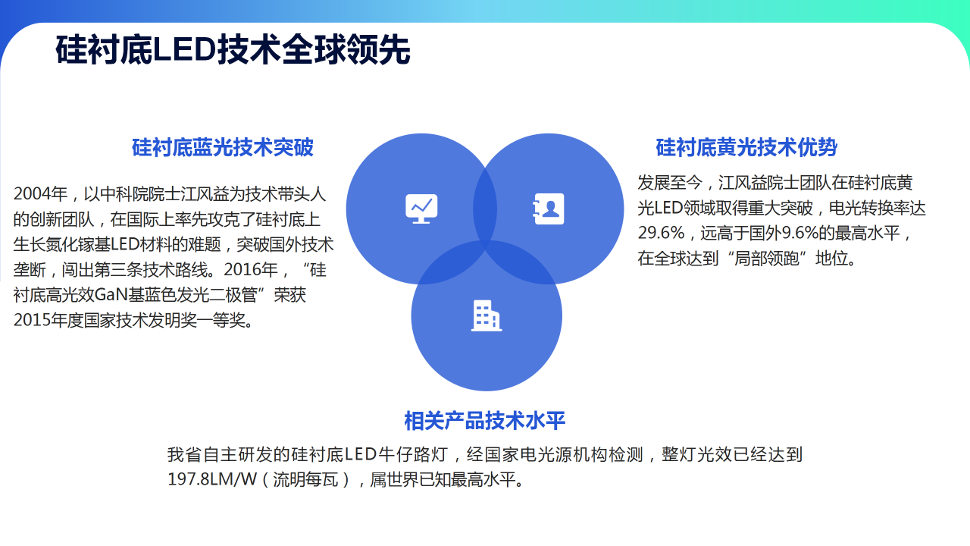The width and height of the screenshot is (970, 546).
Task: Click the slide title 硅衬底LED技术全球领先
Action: click(233, 50)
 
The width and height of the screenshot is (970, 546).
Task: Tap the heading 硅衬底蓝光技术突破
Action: click(223, 147)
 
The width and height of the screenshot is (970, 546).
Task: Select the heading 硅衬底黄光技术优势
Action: click(746, 147)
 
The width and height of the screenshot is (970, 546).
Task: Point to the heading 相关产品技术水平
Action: click(484, 421)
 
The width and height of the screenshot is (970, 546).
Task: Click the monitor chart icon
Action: click(421, 209)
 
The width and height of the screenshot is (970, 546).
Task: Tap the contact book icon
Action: click(548, 209)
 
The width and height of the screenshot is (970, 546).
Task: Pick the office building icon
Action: click(487, 316)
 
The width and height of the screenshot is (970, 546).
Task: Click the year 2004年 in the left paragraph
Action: click(40, 193)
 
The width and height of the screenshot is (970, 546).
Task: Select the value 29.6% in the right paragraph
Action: click(661, 233)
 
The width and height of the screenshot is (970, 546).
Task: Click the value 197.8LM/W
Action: click(212, 479)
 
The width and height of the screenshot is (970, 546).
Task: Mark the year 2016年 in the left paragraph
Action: click(251, 270)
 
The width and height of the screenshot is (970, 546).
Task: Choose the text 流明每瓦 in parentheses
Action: click(305, 480)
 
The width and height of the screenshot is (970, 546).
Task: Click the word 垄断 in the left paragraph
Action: click(30, 270)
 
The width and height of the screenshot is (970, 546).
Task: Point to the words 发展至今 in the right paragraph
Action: click(669, 183)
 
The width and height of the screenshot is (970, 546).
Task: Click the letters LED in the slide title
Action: click(184, 50)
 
